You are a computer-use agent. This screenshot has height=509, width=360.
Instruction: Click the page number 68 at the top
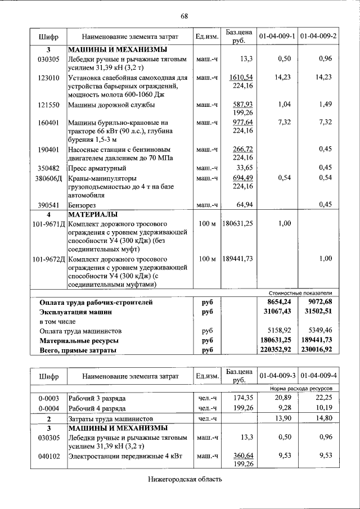tap(184, 15)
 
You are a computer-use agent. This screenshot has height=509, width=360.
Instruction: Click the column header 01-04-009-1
tap(277, 37)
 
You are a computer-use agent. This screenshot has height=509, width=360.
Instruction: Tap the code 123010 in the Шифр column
tap(48, 78)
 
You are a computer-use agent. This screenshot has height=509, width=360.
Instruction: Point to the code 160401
tap(48, 122)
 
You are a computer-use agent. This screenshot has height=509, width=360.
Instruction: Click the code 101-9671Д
tap(48, 224)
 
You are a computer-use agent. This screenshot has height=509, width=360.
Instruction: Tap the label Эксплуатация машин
tap(75, 312)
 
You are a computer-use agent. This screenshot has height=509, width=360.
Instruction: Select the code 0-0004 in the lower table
tap(48, 408)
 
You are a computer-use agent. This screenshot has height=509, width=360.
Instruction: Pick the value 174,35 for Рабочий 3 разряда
tap(242, 398)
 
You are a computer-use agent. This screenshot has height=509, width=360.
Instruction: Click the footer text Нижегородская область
tap(185, 479)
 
